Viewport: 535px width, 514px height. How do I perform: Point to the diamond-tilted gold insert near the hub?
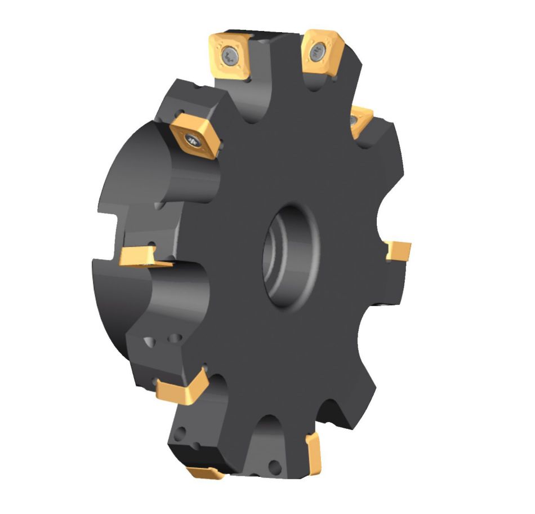(194, 136)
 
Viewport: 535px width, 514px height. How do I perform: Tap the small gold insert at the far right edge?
(398, 251)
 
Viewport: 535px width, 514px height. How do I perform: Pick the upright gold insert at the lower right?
(314, 451)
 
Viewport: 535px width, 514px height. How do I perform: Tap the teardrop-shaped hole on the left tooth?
(150, 342)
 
